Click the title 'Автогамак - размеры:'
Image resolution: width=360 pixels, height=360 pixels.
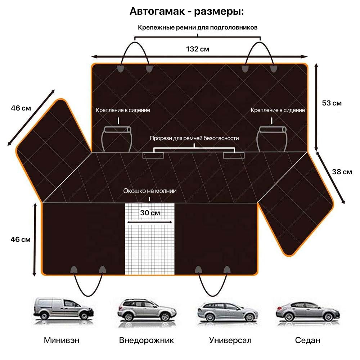[186, 11]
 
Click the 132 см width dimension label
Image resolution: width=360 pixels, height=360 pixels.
[197, 49]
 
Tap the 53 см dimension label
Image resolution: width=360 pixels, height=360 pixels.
[332, 103]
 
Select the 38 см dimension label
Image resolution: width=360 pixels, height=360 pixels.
[342, 172]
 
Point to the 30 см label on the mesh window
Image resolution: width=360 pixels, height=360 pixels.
[150, 213]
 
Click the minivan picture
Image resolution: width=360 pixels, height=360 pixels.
[63, 309]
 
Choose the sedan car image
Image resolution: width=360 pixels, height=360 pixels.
[308, 312]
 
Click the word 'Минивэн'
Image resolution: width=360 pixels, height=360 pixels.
[62, 340]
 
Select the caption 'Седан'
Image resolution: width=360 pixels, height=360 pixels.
[307, 340]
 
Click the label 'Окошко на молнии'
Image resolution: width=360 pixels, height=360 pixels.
[150, 191]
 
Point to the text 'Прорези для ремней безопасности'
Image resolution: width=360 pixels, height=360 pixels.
[194, 138]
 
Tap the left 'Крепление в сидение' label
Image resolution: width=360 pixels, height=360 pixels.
[123, 110]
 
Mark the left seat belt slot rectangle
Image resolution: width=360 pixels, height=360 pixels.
[153, 156]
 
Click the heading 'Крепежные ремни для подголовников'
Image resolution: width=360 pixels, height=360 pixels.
[197, 28]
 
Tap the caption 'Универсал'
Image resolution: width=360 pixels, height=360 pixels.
[230, 340]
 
